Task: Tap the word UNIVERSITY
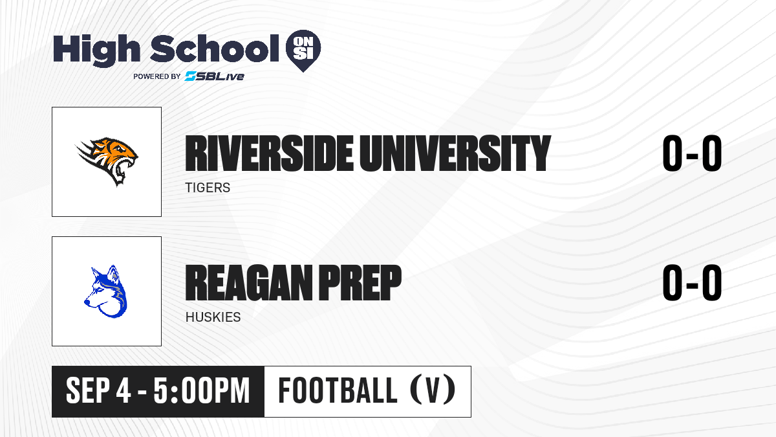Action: click(x=455, y=153)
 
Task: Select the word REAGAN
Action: click(x=249, y=282)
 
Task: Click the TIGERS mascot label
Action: click(x=208, y=188)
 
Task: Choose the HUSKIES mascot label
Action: click(x=213, y=317)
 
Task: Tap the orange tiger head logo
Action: click(x=107, y=161)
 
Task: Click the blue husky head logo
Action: click(x=106, y=291)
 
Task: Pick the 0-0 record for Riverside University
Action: click(x=692, y=153)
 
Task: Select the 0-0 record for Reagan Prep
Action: click(x=692, y=282)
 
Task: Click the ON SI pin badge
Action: click(x=303, y=50)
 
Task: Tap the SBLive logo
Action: click(x=214, y=76)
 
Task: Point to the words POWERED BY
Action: click(x=157, y=76)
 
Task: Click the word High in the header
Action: click(x=97, y=50)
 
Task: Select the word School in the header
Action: click(x=215, y=49)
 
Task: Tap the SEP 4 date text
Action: click(x=98, y=391)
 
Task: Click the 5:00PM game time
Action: click(x=202, y=391)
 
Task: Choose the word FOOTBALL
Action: click(x=338, y=390)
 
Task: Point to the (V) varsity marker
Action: click(x=433, y=390)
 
